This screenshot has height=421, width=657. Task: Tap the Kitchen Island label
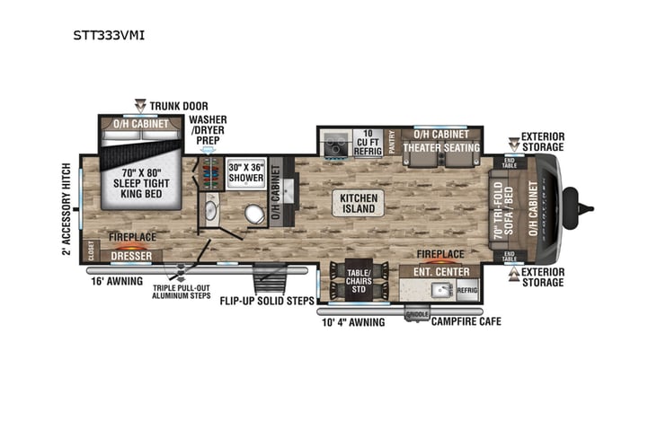pyautogui.click(x=358, y=203)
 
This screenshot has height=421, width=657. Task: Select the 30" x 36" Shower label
pyautogui.click(x=245, y=172)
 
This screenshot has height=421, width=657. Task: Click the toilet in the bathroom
pyautogui.click(x=253, y=213)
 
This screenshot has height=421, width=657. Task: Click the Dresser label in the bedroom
pyautogui.click(x=130, y=256)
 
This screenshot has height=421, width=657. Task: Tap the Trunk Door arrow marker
pyautogui.click(x=140, y=105)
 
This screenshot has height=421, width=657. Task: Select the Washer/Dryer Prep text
pyautogui.click(x=208, y=131)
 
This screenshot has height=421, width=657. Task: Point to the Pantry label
pyautogui.click(x=393, y=142)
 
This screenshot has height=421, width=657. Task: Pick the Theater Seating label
pyautogui.click(x=440, y=147)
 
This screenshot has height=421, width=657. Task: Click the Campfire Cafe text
pyautogui.click(x=466, y=320)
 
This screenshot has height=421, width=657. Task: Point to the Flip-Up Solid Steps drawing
pyautogui.click(x=269, y=280)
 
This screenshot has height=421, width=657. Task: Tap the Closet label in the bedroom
pyautogui.click(x=90, y=250)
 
